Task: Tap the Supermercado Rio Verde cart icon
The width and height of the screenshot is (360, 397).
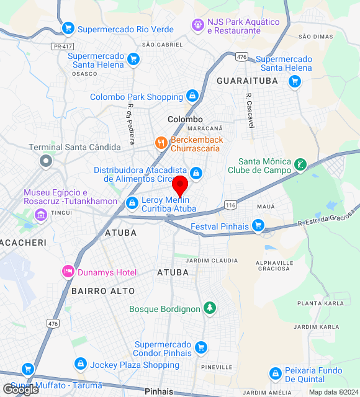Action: point(68,28)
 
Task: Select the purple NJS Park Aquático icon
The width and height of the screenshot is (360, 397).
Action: point(198,25)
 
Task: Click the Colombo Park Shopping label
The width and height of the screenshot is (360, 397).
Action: point(136,97)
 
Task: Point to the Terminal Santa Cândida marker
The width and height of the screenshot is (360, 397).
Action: point(45,162)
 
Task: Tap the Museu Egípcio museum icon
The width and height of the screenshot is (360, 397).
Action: point(41,215)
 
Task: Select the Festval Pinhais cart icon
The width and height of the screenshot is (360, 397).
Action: point(259,226)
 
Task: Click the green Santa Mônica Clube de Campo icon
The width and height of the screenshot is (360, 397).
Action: point(300,165)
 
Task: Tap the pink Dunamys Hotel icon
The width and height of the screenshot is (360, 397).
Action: point(68,271)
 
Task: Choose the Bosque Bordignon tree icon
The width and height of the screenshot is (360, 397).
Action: point(210,308)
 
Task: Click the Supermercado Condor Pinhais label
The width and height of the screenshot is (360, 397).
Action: point(163,349)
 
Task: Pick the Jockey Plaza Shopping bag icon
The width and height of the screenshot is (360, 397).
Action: point(80,364)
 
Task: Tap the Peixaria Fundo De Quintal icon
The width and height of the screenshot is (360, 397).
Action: point(276,374)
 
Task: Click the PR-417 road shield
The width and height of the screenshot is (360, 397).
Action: point(60,46)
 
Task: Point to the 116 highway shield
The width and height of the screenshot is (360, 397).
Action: point(231,205)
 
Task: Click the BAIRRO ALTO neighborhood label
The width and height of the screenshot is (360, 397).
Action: point(103,290)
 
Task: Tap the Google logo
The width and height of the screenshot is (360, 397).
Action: point(20,390)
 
